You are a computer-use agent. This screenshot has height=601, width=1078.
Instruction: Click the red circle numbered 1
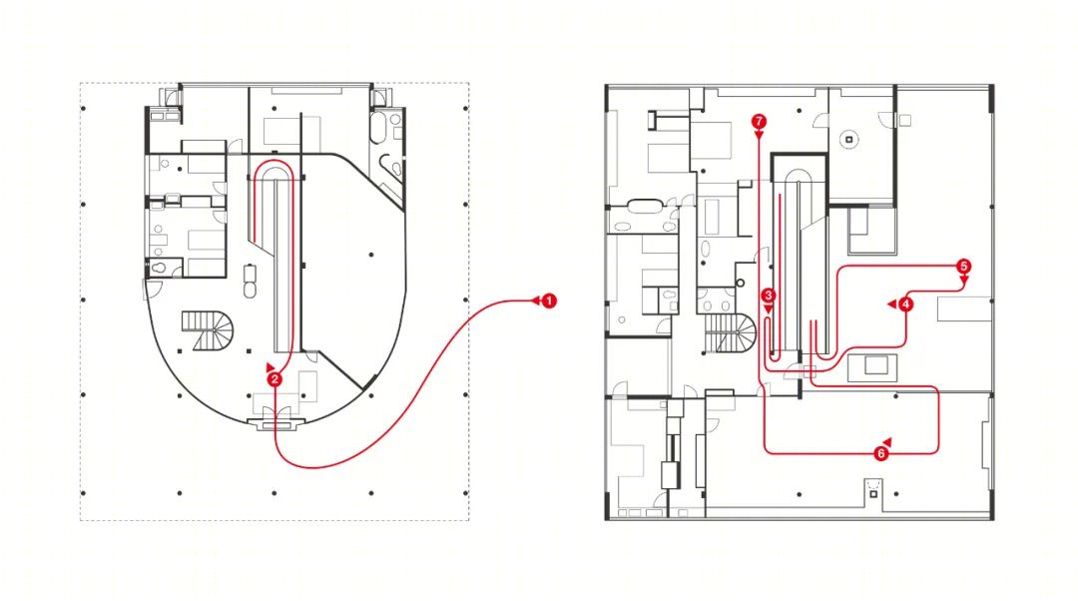click(549, 300)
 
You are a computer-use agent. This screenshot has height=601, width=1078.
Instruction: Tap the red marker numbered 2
click(275, 379)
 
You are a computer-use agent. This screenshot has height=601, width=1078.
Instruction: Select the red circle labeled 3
click(768, 296)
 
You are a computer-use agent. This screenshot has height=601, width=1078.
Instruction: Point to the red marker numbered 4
click(905, 303)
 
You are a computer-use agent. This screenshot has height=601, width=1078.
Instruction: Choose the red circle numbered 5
click(963, 267)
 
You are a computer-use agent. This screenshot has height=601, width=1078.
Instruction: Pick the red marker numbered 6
click(880, 453)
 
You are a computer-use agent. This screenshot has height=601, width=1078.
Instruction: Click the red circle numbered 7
click(759, 122)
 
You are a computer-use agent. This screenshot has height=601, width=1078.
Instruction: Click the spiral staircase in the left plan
click(209, 330)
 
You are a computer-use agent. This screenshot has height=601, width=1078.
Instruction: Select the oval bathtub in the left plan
click(379, 127)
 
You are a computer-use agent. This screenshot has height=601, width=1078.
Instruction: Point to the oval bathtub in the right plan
click(645, 205)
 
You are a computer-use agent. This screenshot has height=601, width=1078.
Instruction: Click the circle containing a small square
click(849, 140)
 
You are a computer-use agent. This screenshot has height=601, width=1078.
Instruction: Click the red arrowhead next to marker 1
click(534, 300)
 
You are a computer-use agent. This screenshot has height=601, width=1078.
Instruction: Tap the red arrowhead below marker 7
click(759, 136)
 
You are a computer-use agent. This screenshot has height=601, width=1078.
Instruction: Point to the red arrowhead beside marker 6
click(887, 441)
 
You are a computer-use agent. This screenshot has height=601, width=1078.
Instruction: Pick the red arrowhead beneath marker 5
click(964, 280)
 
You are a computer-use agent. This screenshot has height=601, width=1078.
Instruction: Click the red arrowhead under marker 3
click(768, 310)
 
